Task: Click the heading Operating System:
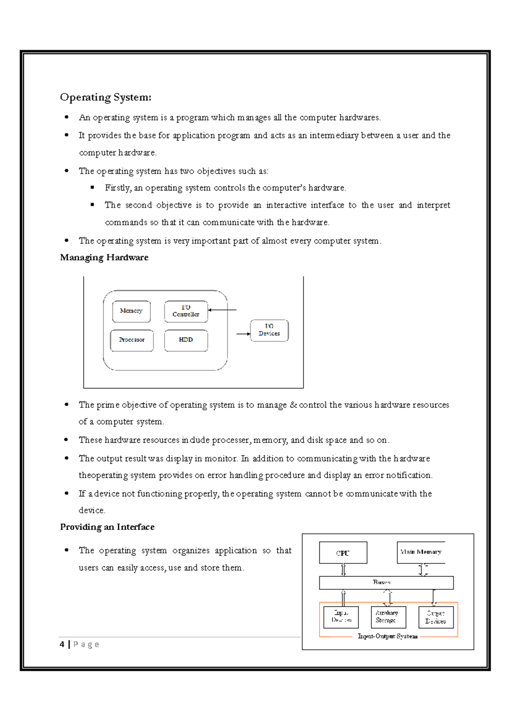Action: click(105, 97)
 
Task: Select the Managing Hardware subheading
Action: click(104, 257)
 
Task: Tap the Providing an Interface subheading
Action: click(107, 527)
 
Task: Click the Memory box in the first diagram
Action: click(131, 311)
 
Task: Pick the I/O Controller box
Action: click(186, 311)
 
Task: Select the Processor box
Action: click(132, 340)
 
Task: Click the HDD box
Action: click(186, 340)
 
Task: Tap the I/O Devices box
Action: click(269, 330)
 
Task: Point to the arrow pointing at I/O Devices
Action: click(243, 334)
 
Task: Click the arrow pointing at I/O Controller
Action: click(222, 310)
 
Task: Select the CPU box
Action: click(343, 553)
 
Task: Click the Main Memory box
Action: click(421, 552)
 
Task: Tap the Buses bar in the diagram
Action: click(386, 583)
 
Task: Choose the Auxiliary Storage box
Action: click(388, 617)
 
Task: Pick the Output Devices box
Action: click(436, 617)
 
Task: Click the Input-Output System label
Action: click(388, 636)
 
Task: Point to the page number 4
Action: click(62, 645)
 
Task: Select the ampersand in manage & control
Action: click(293, 405)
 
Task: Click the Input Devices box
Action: click(341, 617)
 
